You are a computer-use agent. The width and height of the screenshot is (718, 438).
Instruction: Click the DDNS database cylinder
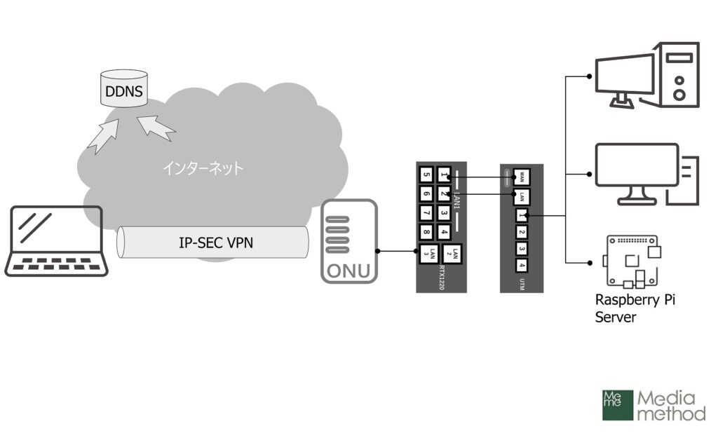click(x=123, y=89)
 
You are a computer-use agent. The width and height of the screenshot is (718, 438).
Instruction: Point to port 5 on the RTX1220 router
click(x=426, y=175)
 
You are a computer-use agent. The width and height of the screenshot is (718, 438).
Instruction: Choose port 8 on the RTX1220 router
click(x=426, y=231)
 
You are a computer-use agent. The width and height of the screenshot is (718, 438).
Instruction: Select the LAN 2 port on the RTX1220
click(x=456, y=254)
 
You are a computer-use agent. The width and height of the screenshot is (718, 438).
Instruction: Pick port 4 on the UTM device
click(x=522, y=266)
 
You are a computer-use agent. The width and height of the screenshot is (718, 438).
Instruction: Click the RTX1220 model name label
click(x=442, y=278)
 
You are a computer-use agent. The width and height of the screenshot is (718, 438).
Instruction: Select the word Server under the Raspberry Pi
click(x=616, y=317)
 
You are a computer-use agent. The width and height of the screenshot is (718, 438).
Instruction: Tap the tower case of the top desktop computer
click(x=676, y=75)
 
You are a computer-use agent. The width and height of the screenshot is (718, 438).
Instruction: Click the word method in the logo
click(x=671, y=414)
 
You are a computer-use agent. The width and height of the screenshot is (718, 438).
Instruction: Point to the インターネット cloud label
click(x=203, y=168)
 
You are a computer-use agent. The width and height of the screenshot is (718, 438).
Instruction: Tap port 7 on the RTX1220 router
click(x=426, y=212)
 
